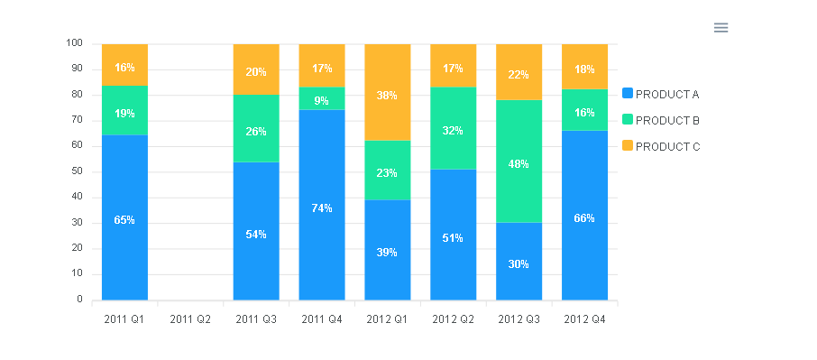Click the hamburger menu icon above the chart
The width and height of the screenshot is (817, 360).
click(721, 27)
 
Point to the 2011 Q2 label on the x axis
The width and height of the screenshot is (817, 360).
click(189, 318)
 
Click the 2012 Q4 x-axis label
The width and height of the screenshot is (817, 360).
click(584, 318)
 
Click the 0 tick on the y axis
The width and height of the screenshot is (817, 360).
click(79, 300)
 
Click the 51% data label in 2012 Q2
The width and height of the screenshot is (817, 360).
click(453, 238)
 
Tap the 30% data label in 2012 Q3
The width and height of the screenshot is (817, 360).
click(519, 263)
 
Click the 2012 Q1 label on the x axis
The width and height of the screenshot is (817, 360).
click(387, 318)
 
